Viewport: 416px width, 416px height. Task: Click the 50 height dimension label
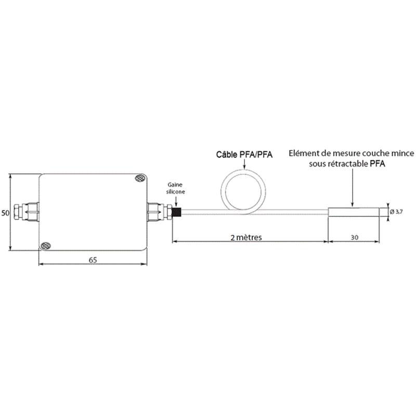pos(5,213)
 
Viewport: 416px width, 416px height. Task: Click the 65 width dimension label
pos(93,260)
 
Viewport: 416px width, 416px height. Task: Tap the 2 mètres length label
pos(246,237)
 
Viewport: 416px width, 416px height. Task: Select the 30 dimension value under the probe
pos(355,237)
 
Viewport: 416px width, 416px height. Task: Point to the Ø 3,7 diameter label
pos(396,212)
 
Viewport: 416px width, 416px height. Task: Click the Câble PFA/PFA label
pos(244,154)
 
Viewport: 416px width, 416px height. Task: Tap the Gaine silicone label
pos(175,188)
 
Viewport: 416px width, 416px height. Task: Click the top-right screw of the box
pos(140,178)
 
